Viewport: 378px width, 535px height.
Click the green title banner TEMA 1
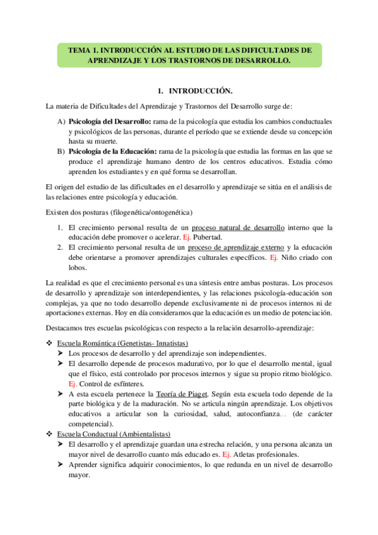click(189, 55)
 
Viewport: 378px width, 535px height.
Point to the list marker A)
click(61, 121)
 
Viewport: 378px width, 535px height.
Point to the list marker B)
click(61, 151)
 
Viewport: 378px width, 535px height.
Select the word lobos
click(78, 268)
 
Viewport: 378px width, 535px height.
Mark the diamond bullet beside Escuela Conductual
click(50, 434)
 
